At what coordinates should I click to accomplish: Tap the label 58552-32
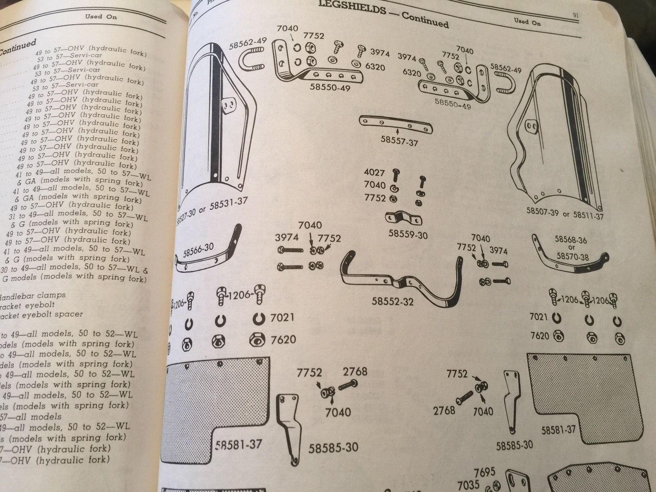(x=393, y=301)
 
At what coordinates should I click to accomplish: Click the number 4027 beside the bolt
(x=374, y=173)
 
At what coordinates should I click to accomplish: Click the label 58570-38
(x=574, y=257)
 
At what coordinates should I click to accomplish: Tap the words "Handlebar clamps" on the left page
(x=33, y=296)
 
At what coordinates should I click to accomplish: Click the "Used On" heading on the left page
(x=101, y=16)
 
